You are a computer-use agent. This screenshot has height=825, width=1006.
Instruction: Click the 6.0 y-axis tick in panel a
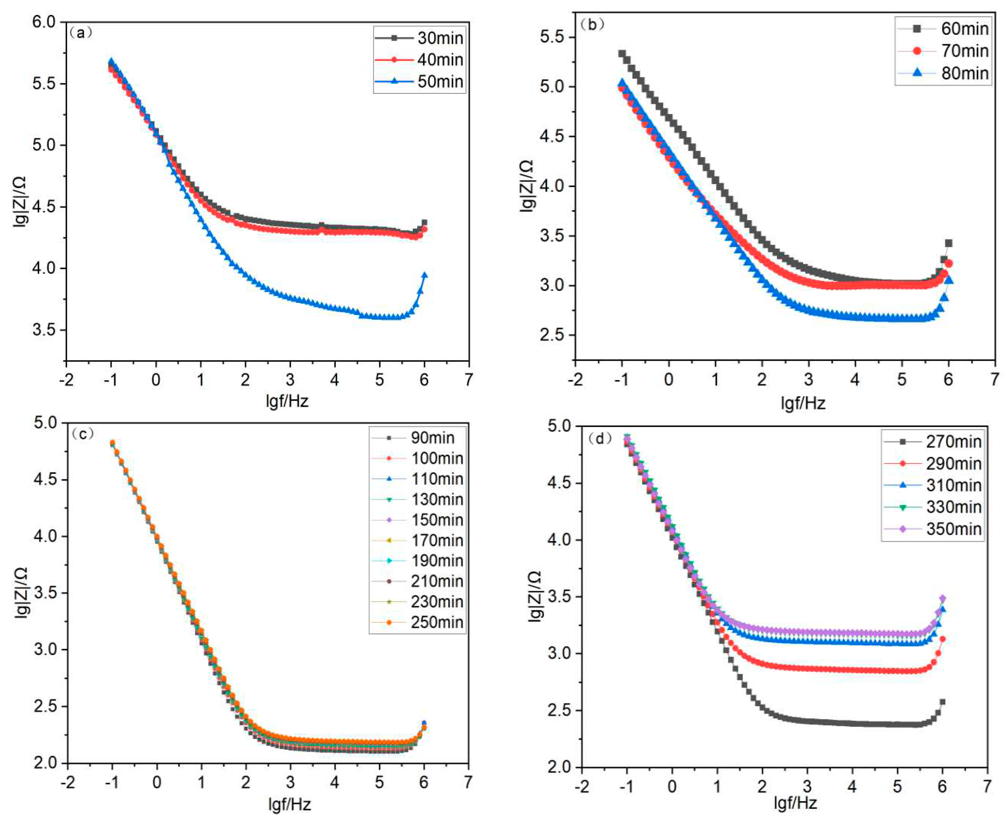[x=44, y=22]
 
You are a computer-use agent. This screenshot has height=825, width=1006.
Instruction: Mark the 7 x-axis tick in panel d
[x=987, y=786]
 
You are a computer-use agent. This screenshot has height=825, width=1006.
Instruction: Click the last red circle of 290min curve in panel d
[x=942, y=639]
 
